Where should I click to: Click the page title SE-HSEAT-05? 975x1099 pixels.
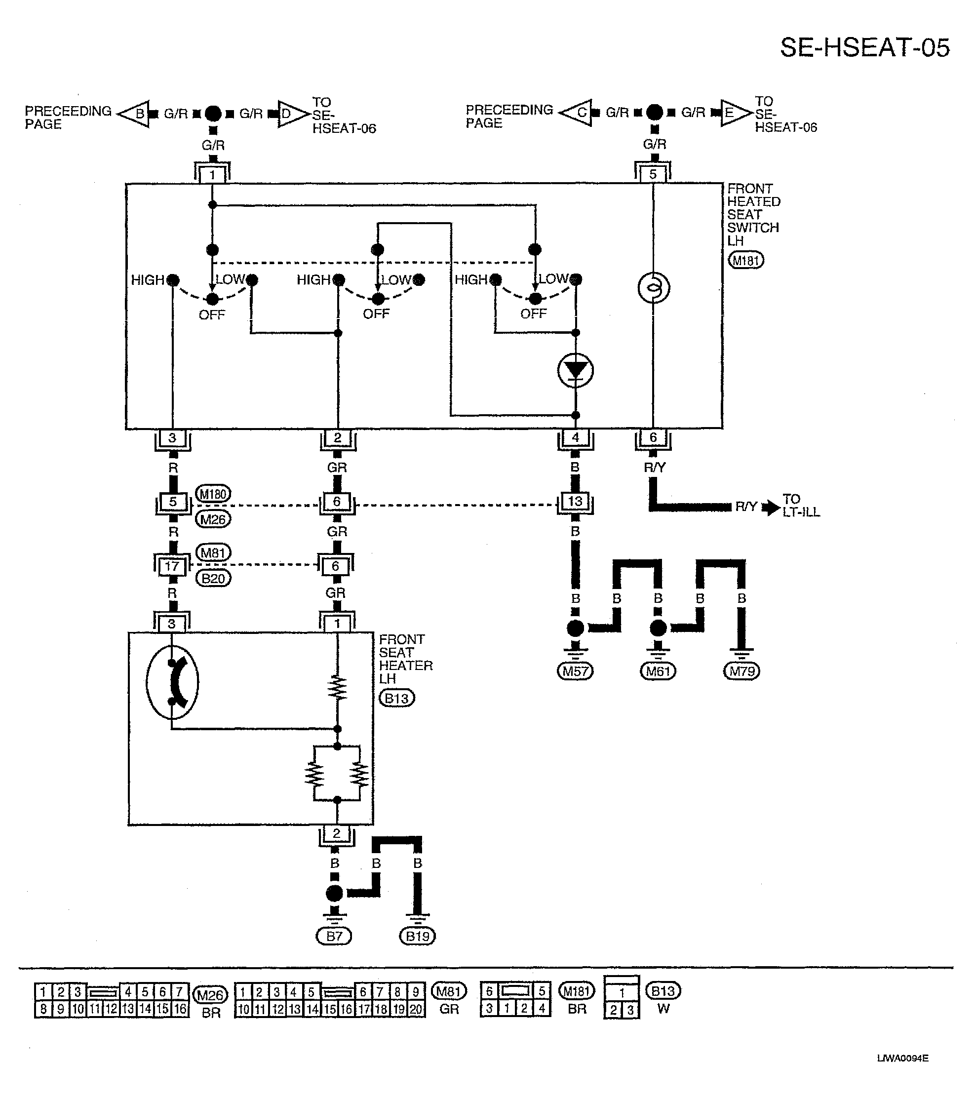coord(865,48)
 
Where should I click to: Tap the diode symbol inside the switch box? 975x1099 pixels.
coord(576,370)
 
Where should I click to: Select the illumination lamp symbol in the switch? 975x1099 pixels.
coord(654,288)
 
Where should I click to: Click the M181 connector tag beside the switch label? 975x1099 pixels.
coord(745,261)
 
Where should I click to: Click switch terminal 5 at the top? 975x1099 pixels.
coord(653,174)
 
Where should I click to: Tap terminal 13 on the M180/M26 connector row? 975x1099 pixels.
coord(575,501)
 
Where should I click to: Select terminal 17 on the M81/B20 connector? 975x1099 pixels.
coord(172,566)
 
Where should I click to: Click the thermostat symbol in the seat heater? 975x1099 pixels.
coord(172,682)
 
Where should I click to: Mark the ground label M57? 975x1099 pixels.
coord(575,671)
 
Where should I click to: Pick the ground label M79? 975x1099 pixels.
coord(741,671)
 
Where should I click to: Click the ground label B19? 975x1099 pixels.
coord(418,937)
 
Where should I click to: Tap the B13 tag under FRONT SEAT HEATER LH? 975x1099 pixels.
coord(397,699)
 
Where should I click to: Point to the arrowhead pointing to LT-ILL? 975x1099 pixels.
coord(773,507)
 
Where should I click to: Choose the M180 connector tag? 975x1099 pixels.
coord(213,494)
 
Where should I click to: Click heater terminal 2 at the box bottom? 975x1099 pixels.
coord(337,834)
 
